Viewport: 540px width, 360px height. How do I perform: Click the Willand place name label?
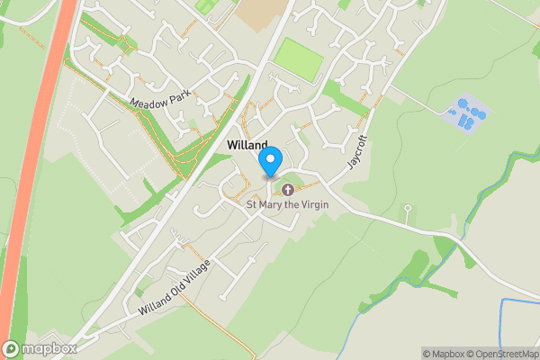pos(247,145)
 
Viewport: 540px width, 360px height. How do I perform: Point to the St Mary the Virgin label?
pos(288,204)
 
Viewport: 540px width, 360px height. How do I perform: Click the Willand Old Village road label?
pos(175,287)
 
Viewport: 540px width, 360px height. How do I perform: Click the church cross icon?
pos(288,189)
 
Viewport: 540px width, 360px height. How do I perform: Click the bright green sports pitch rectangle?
pos(298,58)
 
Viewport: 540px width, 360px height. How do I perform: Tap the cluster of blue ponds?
pos(468,113)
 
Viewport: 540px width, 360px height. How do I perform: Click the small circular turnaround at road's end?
pos(408,209)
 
